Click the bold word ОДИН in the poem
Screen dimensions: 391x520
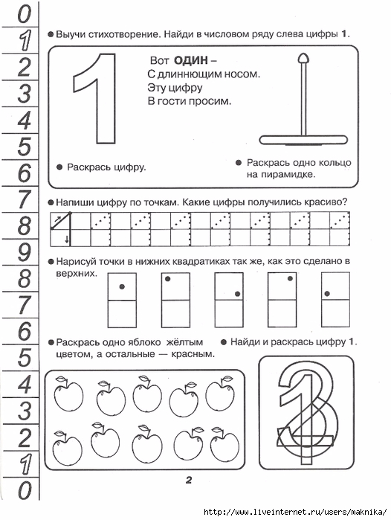191,60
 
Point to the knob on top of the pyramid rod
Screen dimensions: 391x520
303,58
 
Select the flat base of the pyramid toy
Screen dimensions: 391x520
303,140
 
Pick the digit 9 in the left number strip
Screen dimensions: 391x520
25,252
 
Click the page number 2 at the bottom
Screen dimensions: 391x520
189,480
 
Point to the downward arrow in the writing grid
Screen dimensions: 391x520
67,239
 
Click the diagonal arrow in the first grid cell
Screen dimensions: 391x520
57,219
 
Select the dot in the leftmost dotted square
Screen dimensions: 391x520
122,286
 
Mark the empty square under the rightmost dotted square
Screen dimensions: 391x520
335,314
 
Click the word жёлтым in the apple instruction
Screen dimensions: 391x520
184,342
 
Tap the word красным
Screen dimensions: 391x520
193,354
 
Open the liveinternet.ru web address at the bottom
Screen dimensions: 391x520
295,512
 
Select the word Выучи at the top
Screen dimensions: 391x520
71,34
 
